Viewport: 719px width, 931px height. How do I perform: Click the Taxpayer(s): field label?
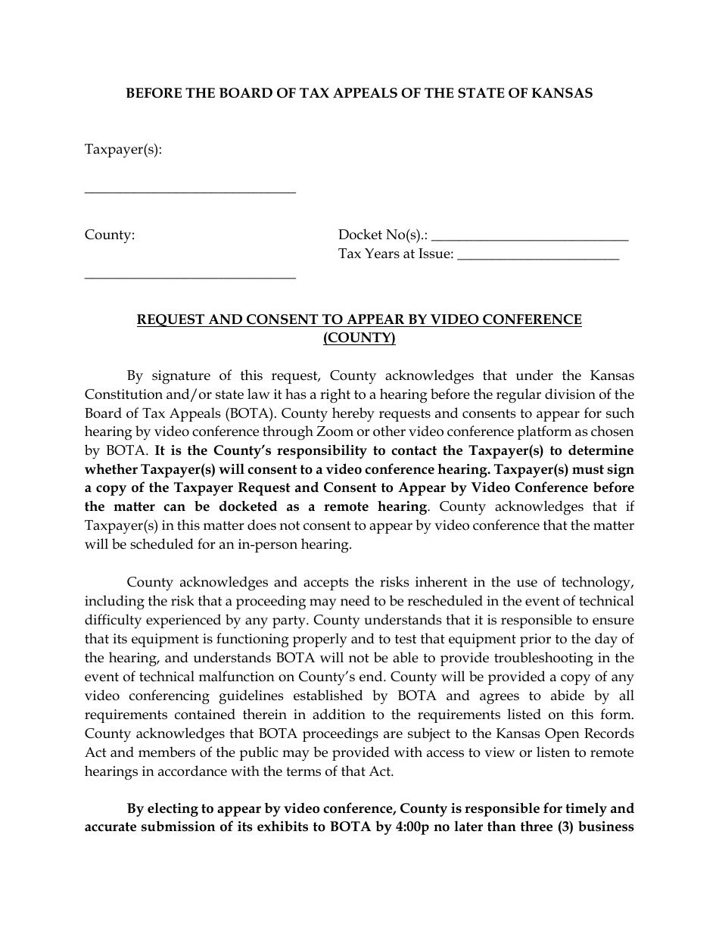[123, 149]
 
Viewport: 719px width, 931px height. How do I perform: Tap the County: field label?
[110, 235]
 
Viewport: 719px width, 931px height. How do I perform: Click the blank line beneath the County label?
[190, 278]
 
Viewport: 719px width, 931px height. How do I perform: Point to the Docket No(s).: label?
[383, 235]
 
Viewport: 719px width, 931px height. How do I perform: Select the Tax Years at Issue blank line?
[538, 259]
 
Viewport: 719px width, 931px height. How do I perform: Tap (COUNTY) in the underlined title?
[359, 338]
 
